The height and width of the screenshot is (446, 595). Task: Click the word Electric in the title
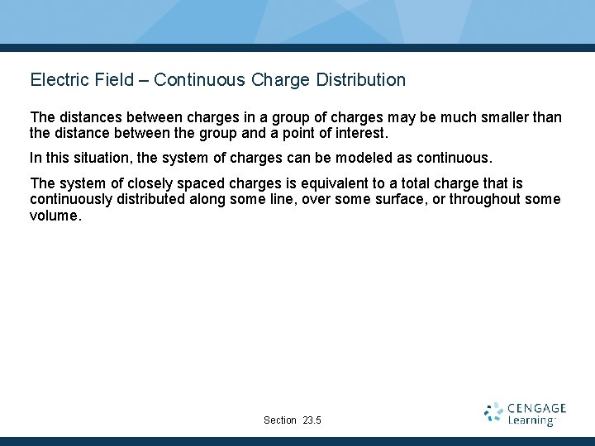59,80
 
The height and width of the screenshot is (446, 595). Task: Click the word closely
152,183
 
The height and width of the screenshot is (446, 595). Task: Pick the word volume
55,216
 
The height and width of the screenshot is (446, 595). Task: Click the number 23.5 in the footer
312,420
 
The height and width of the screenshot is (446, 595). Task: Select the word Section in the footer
280,420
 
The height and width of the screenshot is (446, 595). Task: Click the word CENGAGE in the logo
536,408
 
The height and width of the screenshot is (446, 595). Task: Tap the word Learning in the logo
531,421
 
